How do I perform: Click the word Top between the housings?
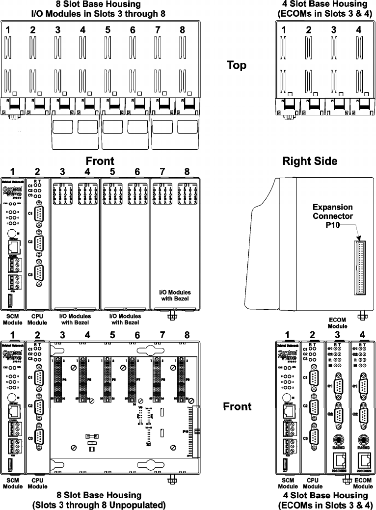click(237, 65)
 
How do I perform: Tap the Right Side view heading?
click(309, 161)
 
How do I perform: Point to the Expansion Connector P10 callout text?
click(333, 216)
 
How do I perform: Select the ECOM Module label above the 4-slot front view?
click(337, 322)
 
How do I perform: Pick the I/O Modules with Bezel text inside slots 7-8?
click(175, 295)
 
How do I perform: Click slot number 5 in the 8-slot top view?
click(107, 30)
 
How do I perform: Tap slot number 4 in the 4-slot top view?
click(359, 30)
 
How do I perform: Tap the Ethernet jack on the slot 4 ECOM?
click(364, 460)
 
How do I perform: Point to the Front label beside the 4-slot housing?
click(237, 406)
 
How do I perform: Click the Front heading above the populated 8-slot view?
click(100, 161)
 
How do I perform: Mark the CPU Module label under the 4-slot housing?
click(313, 483)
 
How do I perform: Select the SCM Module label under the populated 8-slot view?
click(12, 320)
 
